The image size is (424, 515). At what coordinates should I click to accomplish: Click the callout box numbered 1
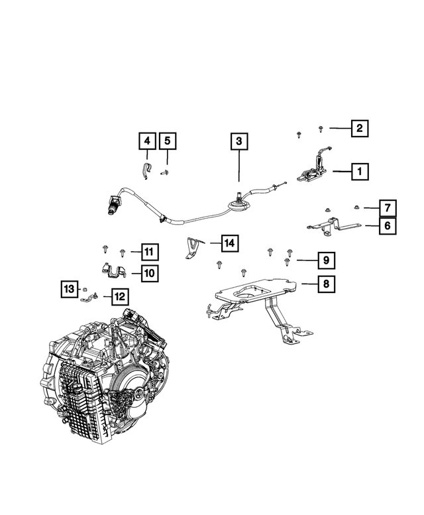click(x=360, y=172)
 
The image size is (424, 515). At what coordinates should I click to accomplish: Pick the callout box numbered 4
click(x=147, y=141)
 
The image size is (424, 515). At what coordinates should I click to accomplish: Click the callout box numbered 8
click(x=325, y=284)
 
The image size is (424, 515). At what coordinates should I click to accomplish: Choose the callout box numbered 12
click(x=119, y=296)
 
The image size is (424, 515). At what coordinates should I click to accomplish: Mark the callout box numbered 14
click(x=229, y=244)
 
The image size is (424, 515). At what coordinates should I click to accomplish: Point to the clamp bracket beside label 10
click(x=115, y=272)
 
